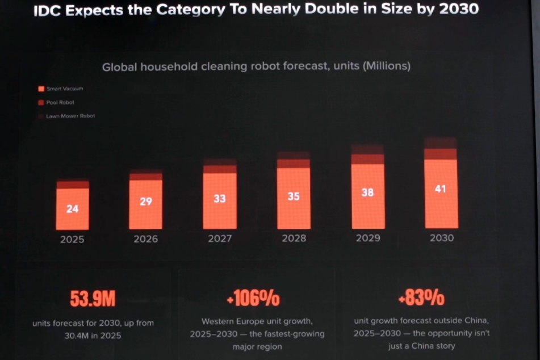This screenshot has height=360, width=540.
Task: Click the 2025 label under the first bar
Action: click(x=72, y=240)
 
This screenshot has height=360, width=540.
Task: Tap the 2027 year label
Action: click(x=220, y=238)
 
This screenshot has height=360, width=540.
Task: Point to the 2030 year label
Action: click(x=442, y=238)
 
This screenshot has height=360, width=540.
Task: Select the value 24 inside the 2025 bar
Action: click(x=72, y=209)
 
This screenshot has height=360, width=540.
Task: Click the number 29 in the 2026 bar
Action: click(x=146, y=201)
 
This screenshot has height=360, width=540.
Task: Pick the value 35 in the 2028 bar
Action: click(x=294, y=196)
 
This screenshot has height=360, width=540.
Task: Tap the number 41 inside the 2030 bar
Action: click(x=441, y=189)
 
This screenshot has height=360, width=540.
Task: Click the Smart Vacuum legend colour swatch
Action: click(x=41, y=89)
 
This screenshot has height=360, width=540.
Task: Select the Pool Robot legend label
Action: click(x=60, y=102)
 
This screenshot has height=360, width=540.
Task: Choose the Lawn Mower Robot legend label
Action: click(x=70, y=116)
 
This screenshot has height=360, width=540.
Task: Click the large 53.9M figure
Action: click(x=93, y=298)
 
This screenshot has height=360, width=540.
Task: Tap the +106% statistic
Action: click(x=253, y=298)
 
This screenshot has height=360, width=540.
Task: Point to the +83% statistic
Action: click(x=421, y=297)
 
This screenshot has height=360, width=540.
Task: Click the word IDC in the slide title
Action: click(x=47, y=11)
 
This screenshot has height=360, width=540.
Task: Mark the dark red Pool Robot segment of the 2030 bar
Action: click(x=441, y=154)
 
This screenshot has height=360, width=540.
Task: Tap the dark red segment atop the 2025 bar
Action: click(x=73, y=185)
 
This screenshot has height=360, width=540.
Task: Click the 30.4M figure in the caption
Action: click(x=77, y=336)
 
